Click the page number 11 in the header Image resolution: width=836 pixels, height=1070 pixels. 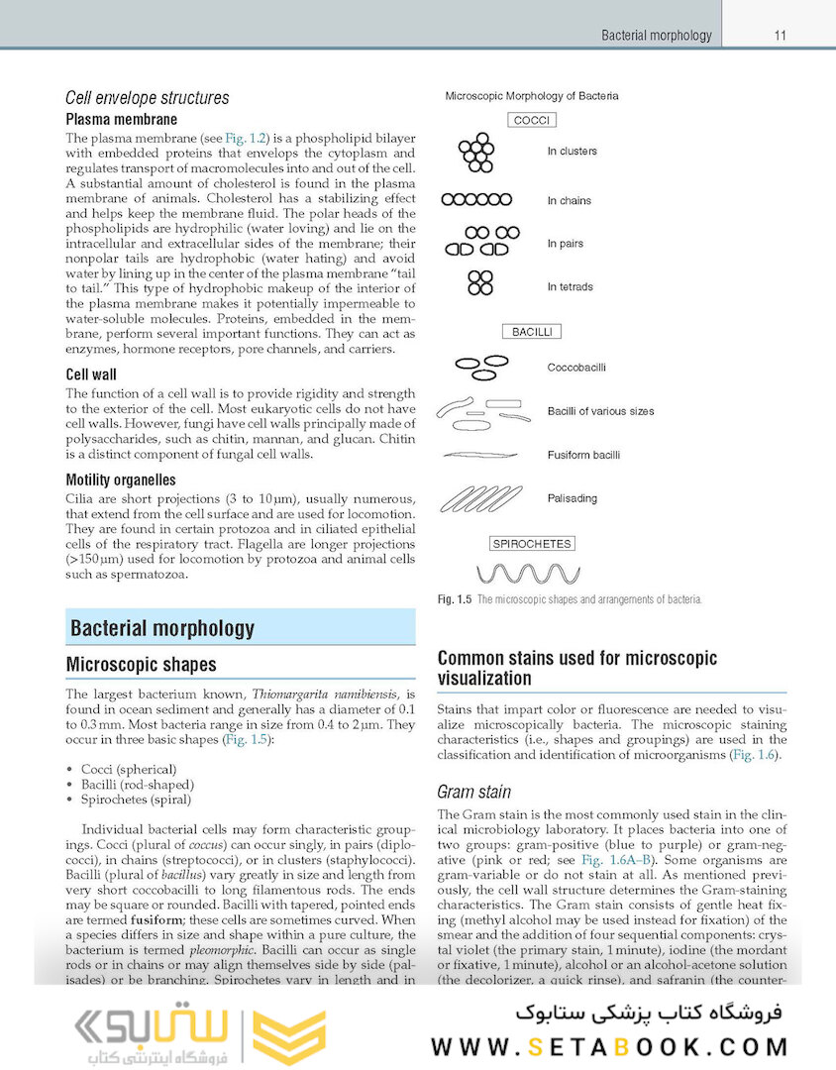pos(781,36)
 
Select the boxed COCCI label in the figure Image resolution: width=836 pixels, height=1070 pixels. pos(532,120)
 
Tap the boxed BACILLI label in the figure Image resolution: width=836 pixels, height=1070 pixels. pos(532,332)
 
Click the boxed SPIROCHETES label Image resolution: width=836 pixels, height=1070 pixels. pos(532,544)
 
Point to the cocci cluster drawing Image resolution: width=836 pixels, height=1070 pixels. pos(476,152)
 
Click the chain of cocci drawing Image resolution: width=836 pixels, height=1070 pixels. pos(476,199)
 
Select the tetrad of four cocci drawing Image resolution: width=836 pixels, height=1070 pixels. pos(480,283)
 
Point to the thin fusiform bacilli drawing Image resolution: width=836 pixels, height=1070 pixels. pos(477,456)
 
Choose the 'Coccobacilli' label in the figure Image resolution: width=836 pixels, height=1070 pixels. pos(576,368)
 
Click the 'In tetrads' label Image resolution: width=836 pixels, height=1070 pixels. pos(571,287)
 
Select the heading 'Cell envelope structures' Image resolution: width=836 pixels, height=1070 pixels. pos(147,98)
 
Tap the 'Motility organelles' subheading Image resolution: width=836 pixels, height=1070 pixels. pos(128,481)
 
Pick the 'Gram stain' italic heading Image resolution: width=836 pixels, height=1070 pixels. pos(473,792)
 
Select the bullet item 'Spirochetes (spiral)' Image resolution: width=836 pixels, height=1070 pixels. pos(136,799)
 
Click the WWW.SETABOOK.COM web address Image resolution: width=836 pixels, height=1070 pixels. pos(608,1046)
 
